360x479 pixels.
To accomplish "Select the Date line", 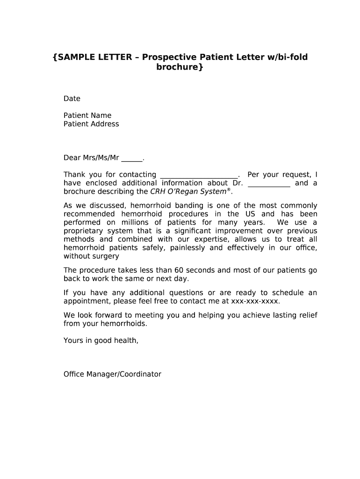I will (x=72, y=99).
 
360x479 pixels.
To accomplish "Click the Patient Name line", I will (x=87, y=116).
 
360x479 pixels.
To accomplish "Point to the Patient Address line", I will (x=91, y=124).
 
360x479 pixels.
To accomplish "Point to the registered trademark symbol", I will (x=229, y=190).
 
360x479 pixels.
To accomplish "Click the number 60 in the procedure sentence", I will (x=179, y=270).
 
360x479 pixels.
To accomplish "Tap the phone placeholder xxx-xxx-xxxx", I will (x=258, y=301).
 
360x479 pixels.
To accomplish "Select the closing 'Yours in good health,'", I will (x=101, y=341).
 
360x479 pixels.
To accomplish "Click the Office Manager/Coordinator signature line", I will (x=112, y=374).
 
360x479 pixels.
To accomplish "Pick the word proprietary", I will (x=84, y=231).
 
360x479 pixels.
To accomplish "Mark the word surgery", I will (x=106, y=256).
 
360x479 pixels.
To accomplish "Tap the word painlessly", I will (x=187, y=248).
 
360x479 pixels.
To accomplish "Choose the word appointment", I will (x=86, y=301).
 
